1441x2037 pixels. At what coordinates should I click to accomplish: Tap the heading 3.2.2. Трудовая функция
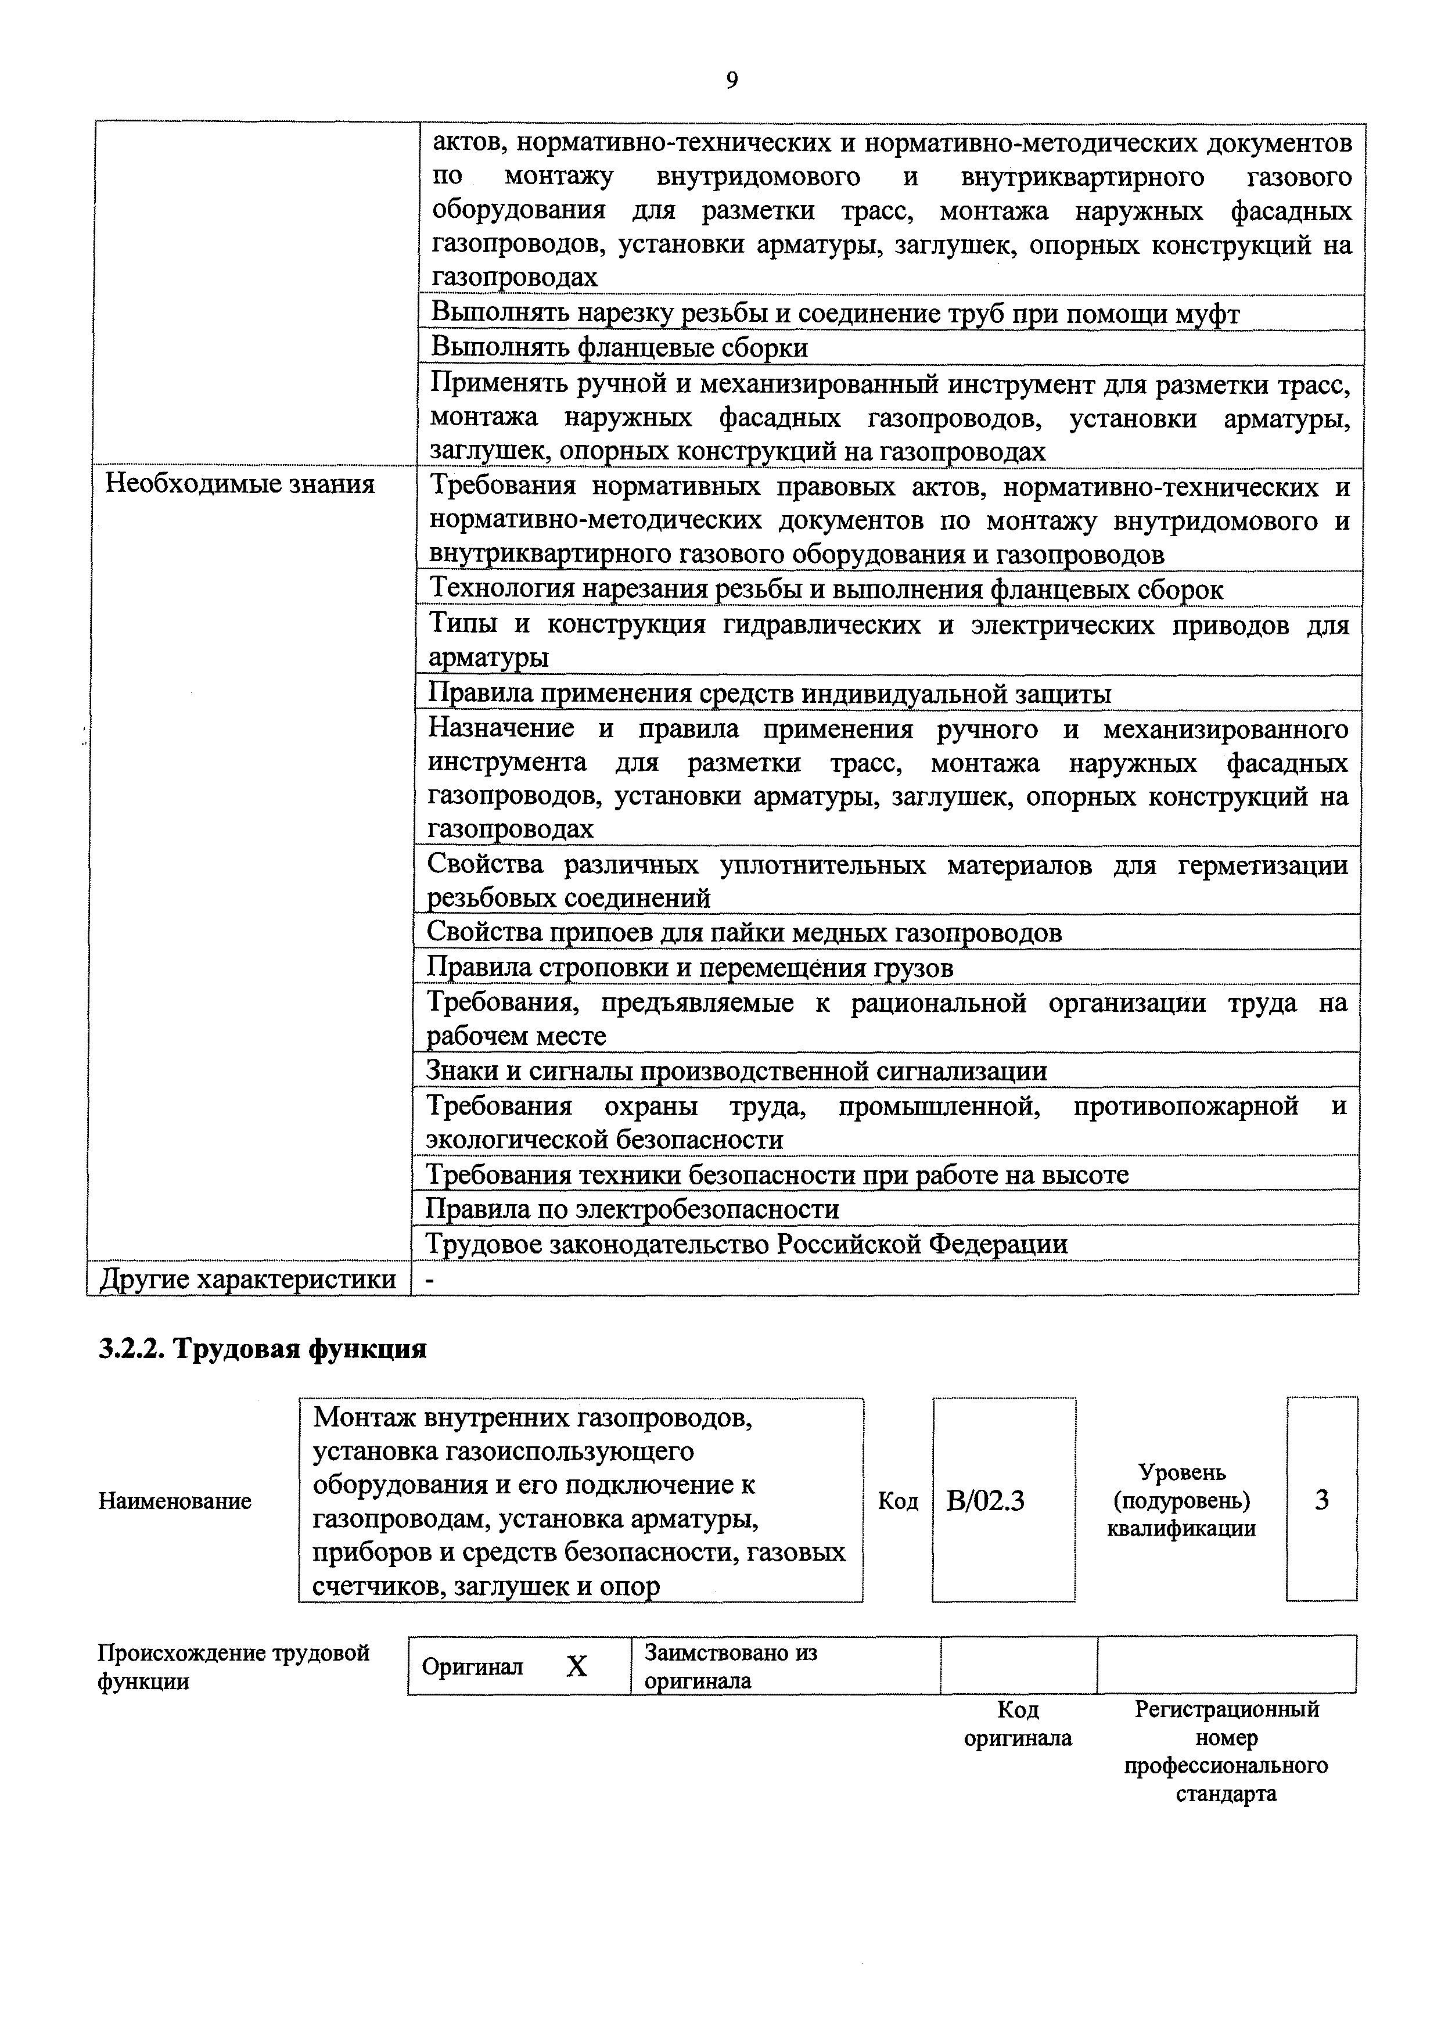[263, 1349]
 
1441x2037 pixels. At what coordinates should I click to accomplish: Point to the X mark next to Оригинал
[577, 1667]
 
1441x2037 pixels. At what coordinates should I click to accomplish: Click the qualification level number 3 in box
[1321, 1500]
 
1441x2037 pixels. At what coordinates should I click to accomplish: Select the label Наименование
[175, 1501]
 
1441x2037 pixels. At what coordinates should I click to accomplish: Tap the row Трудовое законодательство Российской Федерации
[746, 1244]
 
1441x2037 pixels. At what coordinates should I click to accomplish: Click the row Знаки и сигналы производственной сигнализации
[736, 1071]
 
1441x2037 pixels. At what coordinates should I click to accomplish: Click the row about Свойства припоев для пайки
[743, 932]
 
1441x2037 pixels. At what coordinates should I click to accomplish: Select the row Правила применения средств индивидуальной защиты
[770, 693]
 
